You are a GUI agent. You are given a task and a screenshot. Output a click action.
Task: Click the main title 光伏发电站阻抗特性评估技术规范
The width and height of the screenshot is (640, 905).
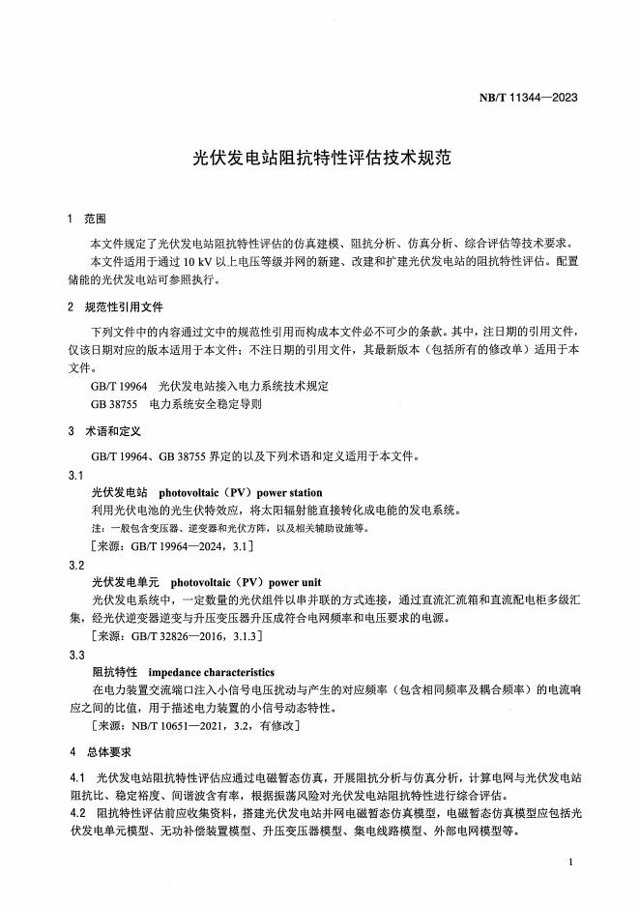tap(320, 157)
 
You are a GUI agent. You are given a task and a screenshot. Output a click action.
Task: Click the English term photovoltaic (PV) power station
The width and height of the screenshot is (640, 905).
tap(240, 493)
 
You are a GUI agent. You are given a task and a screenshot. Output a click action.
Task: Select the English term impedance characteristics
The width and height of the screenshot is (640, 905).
tap(211, 672)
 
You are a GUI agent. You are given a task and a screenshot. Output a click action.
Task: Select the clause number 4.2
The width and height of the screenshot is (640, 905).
tap(78, 812)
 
